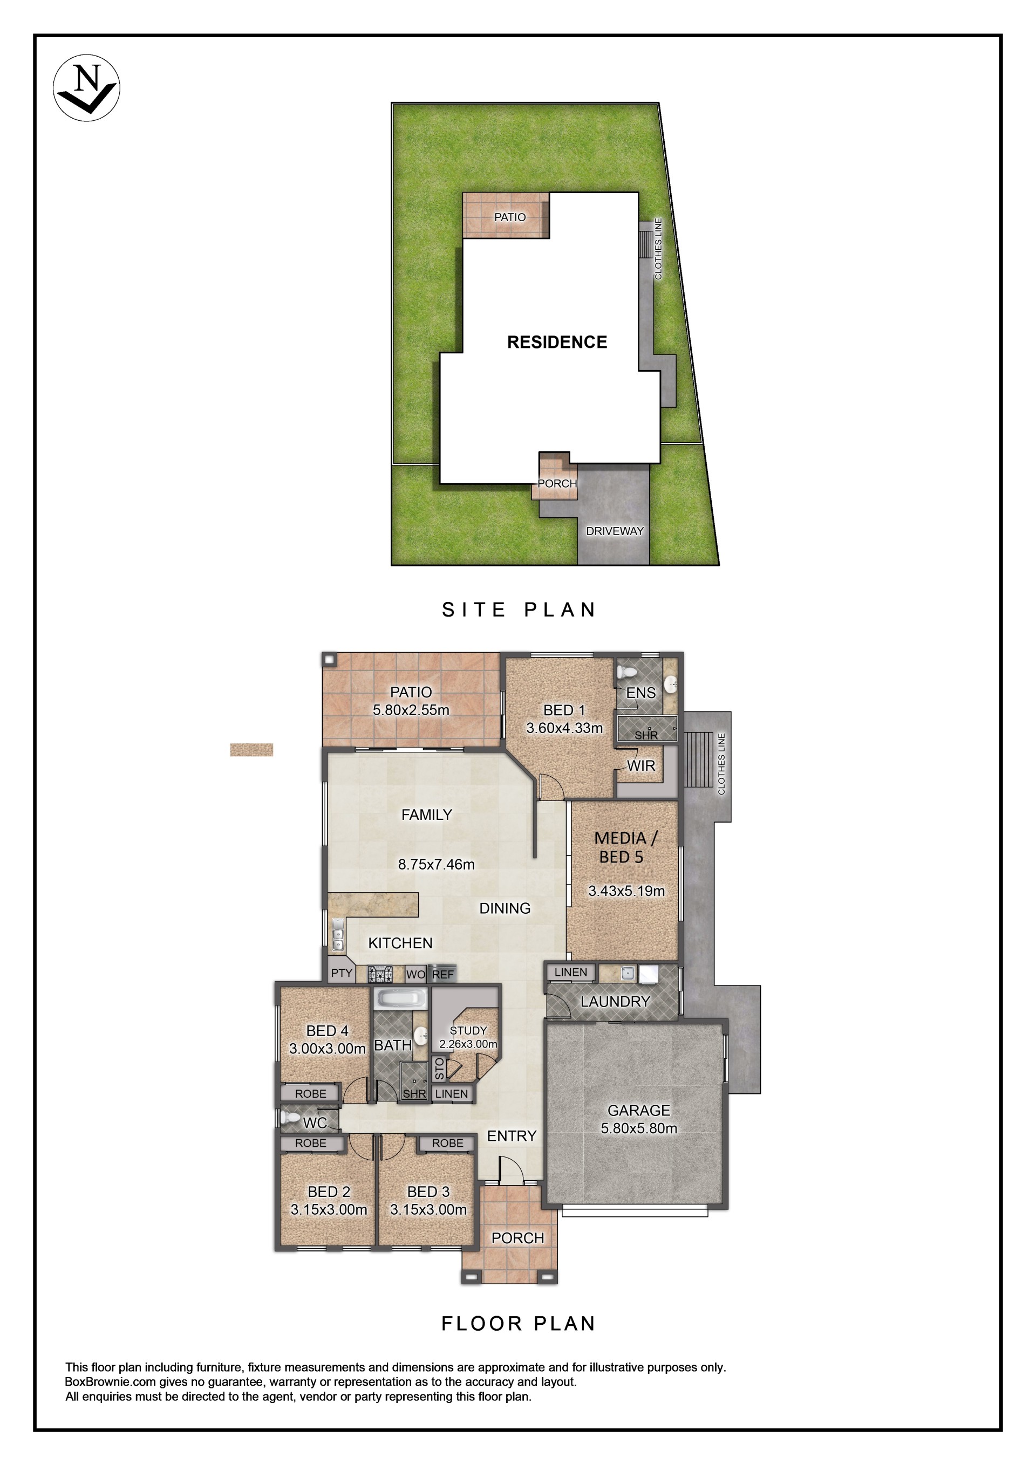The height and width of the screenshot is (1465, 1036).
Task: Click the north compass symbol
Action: (86, 87)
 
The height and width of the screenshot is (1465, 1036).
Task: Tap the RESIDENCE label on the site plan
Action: (557, 342)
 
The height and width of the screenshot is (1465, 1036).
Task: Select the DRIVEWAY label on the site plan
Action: (615, 531)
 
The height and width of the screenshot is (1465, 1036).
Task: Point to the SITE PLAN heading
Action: (519, 610)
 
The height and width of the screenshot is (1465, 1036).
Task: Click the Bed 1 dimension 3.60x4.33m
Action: (564, 728)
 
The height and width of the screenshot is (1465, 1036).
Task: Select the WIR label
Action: (641, 766)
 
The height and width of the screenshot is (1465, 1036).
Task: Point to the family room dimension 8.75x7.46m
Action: (437, 865)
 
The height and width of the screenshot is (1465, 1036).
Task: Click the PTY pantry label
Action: (342, 973)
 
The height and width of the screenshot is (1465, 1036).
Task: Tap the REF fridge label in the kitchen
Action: (443, 974)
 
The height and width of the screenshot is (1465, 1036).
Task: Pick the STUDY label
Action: (468, 1030)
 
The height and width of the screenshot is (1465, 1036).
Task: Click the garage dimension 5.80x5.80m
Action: (639, 1128)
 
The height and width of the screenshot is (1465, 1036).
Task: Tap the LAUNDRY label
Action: (615, 1002)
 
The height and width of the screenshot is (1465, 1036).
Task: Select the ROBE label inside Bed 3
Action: (447, 1143)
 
